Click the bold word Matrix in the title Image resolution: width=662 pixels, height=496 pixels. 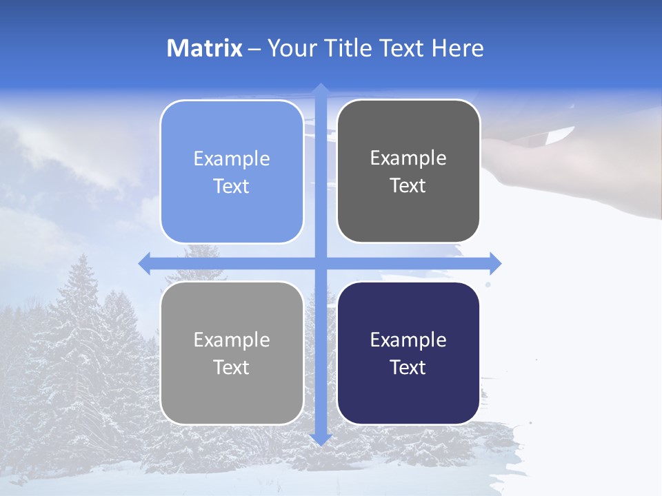point(205,48)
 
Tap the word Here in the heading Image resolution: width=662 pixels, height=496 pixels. point(458,48)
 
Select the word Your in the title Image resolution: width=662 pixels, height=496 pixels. point(292,48)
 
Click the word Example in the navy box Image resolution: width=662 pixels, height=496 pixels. point(408,340)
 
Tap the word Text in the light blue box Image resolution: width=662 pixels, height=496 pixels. point(232,187)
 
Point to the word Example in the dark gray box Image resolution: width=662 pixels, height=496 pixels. point(408,158)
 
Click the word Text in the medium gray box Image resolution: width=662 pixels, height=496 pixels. point(232,368)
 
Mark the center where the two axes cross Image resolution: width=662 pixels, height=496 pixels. point(320,263)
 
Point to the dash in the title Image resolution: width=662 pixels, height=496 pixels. point(254,48)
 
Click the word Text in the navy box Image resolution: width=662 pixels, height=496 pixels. point(408,368)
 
